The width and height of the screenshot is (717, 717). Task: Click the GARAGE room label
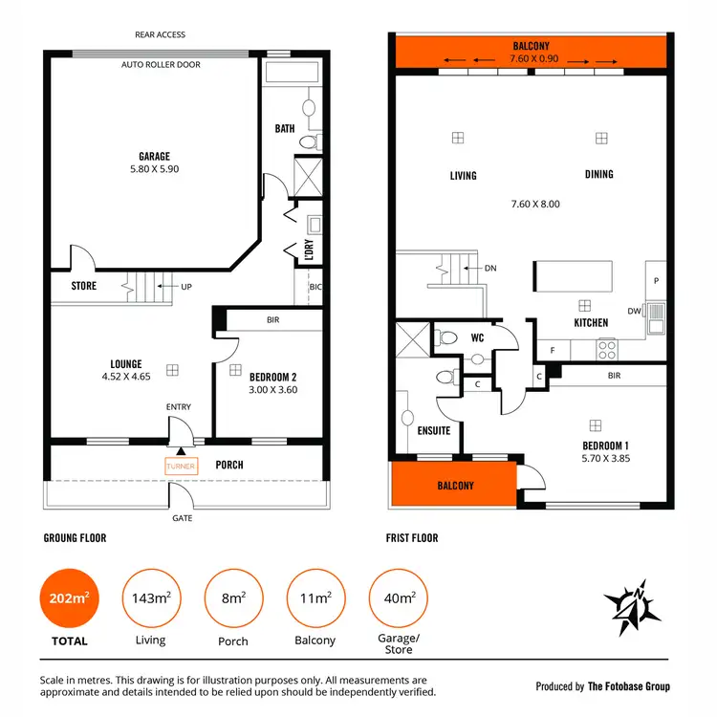pyautogui.click(x=153, y=156)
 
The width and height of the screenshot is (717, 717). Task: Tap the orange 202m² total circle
pyautogui.click(x=70, y=598)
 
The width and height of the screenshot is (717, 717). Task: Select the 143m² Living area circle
pyautogui.click(x=150, y=598)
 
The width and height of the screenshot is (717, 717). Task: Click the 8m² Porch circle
pyautogui.click(x=232, y=598)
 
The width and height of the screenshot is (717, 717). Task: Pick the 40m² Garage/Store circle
pyautogui.click(x=399, y=598)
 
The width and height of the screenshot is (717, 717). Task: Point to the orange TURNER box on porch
pyautogui.click(x=181, y=466)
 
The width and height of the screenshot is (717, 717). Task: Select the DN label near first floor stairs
pyautogui.click(x=490, y=269)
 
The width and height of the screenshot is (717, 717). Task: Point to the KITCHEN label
pyautogui.click(x=591, y=323)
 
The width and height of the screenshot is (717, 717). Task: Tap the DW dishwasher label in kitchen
pyautogui.click(x=635, y=311)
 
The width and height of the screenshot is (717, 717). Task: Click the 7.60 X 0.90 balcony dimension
pyautogui.click(x=531, y=58)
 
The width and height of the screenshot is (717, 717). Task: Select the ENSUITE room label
pyautogui.click(x=433, y=430)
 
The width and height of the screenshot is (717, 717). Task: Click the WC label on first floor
pyautogui.click(x=478, y=337)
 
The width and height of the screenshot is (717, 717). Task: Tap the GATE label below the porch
pyautogui.click(x=182, y=518)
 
